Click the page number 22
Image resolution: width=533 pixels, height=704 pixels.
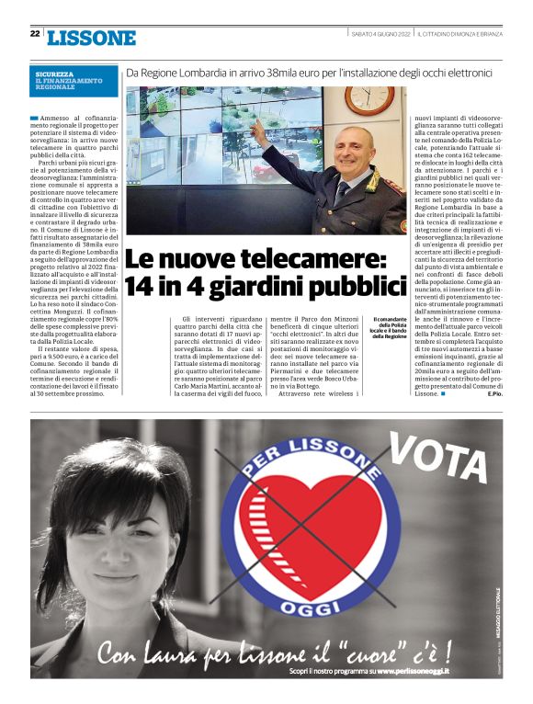(34, 33)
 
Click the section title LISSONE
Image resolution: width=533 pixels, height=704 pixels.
(91, 38)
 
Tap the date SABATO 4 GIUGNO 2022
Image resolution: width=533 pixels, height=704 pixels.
(380, 34)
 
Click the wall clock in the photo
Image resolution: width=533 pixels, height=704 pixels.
(369, 100)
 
